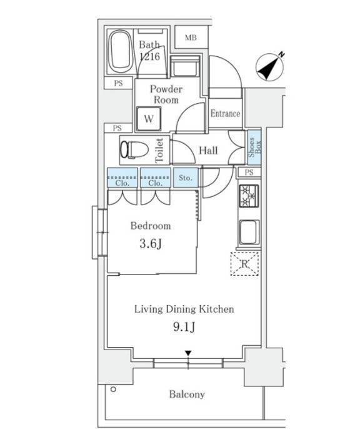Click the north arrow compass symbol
click(270, 66)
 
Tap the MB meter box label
click(191, 38)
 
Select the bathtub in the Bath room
click(120, 51)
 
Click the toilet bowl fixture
click(134, 149)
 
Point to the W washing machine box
click(149, 119)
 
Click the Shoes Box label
click(254, 147)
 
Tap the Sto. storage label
click(186, 178)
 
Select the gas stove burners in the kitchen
click(249, 196)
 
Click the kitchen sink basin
click(249, 232)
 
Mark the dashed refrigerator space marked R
click(244, 264)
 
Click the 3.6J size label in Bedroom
click(151, 243)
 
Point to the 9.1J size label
click(184, 326)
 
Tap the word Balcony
click(187, 394)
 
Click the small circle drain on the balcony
click(113, 389)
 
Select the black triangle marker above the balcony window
click(188, 353)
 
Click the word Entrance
click(225, 113)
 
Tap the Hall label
click(208, 151)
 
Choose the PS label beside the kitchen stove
click(249, 173)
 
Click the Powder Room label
click(166, 94)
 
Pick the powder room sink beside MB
click(184, 66)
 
